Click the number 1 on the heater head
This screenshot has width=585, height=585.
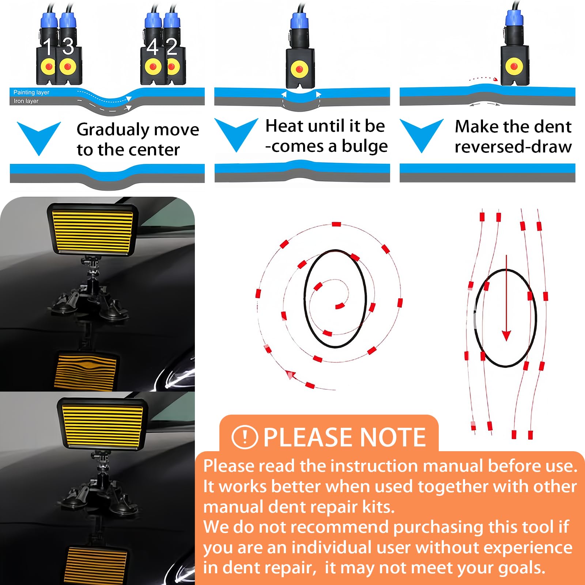48,46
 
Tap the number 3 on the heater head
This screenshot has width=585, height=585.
68,46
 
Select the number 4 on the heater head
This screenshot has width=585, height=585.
152,47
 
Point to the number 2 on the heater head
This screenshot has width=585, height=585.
171,47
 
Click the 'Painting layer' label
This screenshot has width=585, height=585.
31,93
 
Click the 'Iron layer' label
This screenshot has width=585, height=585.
26,101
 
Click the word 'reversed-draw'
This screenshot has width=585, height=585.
513,147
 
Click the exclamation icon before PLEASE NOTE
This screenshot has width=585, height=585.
245,437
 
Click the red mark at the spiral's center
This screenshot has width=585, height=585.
340,306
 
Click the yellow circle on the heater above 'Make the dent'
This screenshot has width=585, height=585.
514,66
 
